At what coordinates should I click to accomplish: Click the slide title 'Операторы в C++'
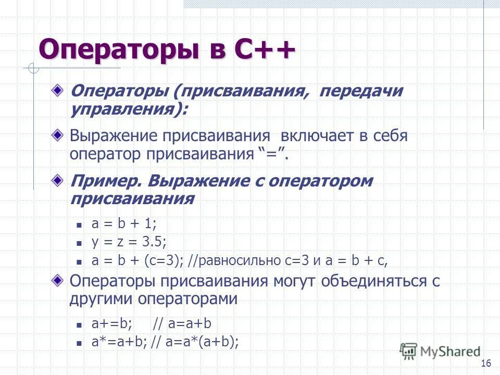click(167, 51)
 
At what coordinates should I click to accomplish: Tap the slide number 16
click(487, 363)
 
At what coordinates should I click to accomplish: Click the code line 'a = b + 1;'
click(124, 224)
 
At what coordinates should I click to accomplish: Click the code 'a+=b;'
click(111, 324)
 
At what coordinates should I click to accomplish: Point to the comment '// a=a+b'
click(182, 324)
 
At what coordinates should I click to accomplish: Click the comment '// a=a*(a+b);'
click(195, 342)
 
